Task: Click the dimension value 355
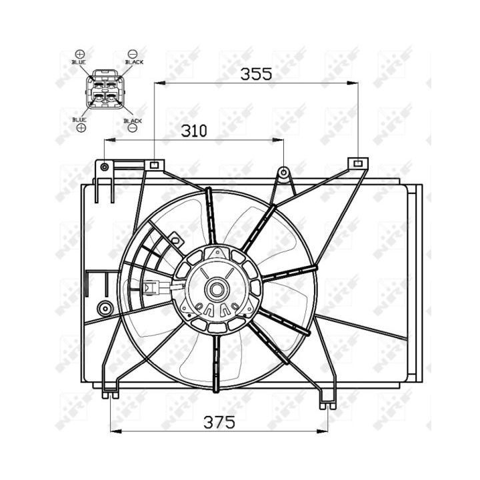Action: click(256, 74)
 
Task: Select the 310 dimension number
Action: click(194, 131)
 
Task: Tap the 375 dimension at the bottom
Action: click(219, 423)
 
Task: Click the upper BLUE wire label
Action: click(79, 62)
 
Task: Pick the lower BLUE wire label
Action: click(79, 119)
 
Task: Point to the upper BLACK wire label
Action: click(134, 62)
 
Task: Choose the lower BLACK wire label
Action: click(133, 121)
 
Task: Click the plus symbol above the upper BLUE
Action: click(79, 54)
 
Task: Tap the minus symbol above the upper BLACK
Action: click(133, 54)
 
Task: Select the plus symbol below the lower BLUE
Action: click(81, 127)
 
